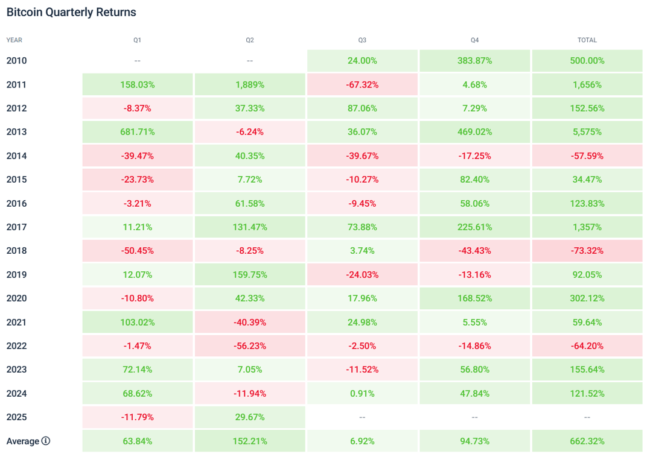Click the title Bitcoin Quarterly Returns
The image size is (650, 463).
[x=71, y=12]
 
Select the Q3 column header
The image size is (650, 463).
[x=362, y=40]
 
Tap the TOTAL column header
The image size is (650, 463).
[x=587, y=40]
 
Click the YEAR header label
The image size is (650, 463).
[x=14, y=40]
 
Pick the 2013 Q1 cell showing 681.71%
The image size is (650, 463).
[x=138, y=132]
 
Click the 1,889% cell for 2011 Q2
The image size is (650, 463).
[x=250, y=84]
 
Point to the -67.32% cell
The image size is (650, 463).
[x=362, y=84]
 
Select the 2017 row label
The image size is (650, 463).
[x=16, y=227]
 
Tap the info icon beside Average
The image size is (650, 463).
[x=46, y=441]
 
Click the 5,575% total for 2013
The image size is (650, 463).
[x=587, y=132]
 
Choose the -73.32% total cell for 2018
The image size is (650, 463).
[x=587, y=251]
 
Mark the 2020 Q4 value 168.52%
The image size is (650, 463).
[x=474, y=298]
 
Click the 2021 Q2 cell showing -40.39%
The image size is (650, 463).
[x=250, y=322]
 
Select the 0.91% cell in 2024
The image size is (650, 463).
[x=362, y=394]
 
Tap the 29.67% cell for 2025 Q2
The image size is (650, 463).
[x=250, y=417]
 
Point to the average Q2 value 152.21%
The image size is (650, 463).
[x=250, y=441]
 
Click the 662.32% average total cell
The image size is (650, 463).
[x=587, y=441]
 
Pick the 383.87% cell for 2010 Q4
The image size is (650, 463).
[x=474, y=61]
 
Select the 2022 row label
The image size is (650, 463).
[x=16, y=346]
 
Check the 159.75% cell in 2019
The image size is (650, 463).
[x=250, y=275]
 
